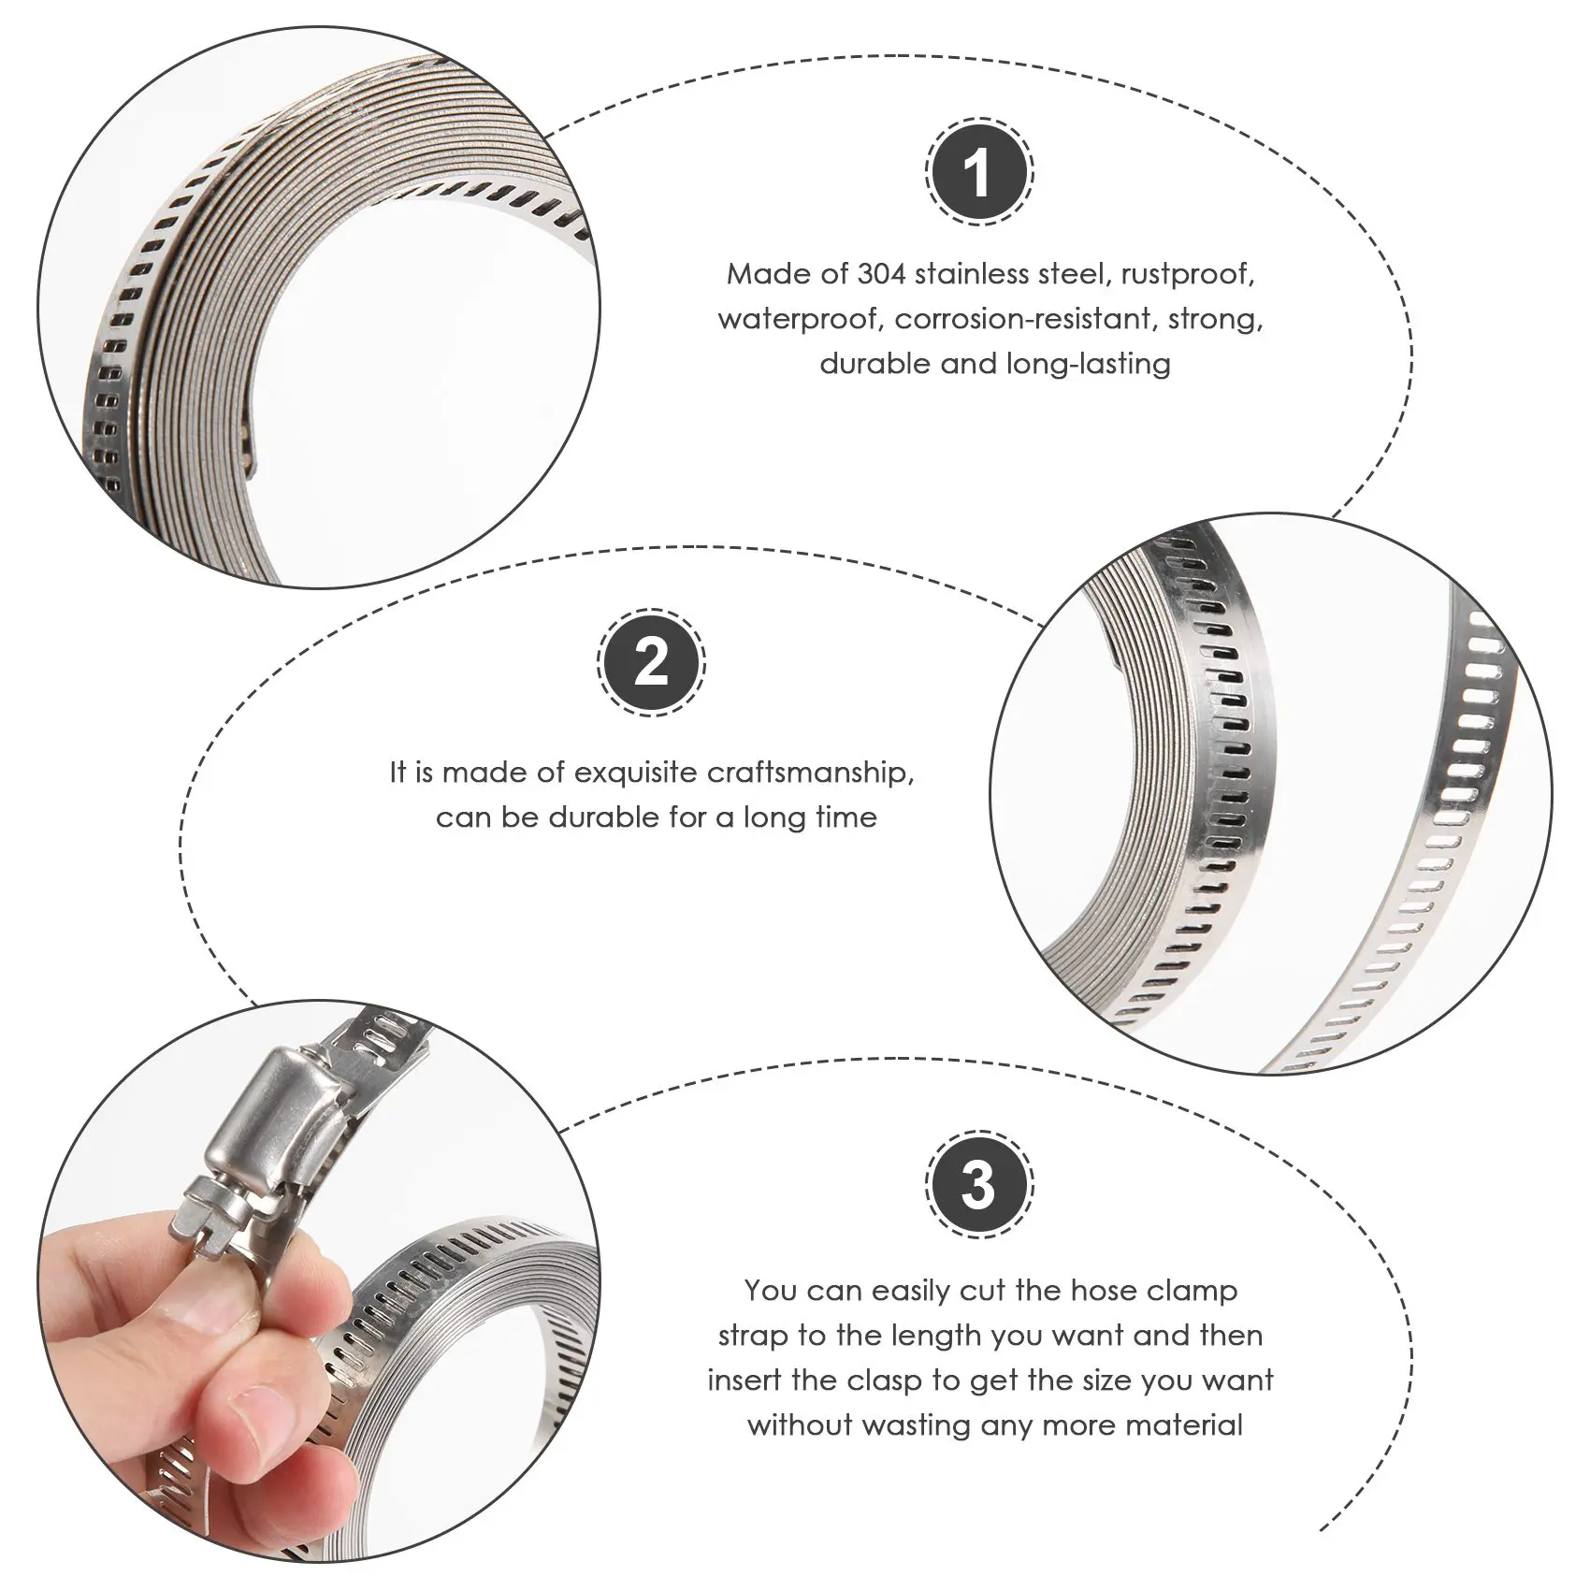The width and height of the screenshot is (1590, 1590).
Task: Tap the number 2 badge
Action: coord(652,665)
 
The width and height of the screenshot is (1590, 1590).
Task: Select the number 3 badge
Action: coord(978,1184)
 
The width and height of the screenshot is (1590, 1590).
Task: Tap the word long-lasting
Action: coord(1089,365)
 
